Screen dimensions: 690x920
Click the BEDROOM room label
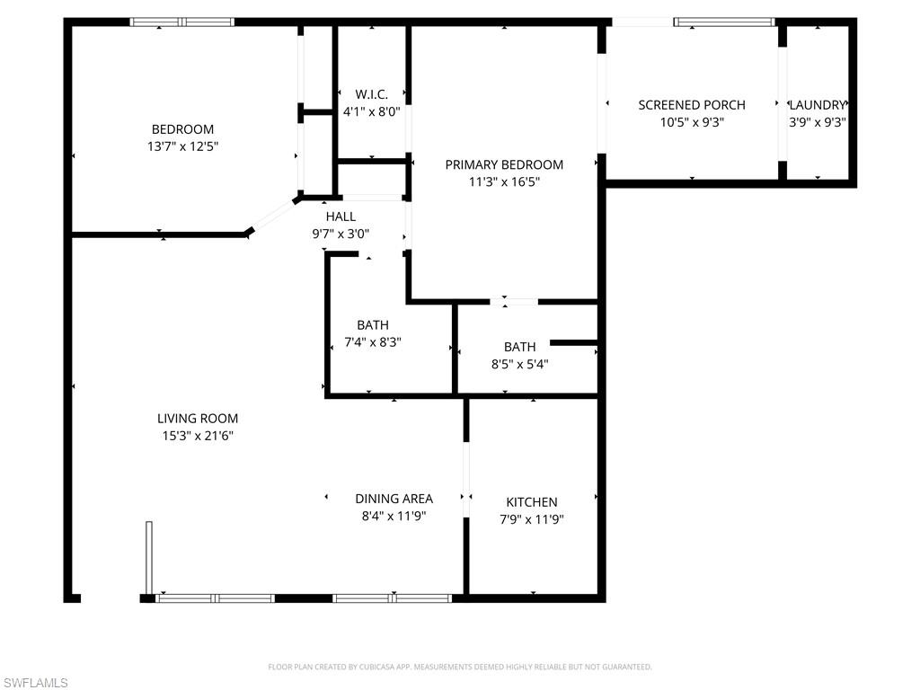click(182, 129)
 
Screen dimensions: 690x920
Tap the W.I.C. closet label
click(371, 94)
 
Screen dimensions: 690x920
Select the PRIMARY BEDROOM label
click(504, 164)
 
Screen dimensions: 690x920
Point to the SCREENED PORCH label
click(692, 105)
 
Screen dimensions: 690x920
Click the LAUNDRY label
click(818, 105)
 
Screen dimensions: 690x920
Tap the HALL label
click(341, 217)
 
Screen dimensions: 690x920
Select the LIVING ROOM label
click(198, 419)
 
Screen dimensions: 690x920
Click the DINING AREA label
click(394, 499)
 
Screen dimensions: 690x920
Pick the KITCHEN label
click(532, 502)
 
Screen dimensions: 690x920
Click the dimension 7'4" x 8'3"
click(373, 342)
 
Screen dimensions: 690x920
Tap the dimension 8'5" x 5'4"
click(519, 364)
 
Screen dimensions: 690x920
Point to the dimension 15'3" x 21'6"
click(198, 436)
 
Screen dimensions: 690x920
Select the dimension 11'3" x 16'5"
click(504, 181)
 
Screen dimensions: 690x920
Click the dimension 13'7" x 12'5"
click(182, 146)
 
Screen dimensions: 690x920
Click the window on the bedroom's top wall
click(182, 22)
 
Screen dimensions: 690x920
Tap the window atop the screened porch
click(724, 22)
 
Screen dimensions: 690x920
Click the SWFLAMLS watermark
click(35, 683)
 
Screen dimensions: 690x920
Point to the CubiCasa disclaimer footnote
click(460, 667)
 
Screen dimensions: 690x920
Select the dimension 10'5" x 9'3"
click(692, 122)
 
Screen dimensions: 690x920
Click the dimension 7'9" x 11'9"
click(532, 519)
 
